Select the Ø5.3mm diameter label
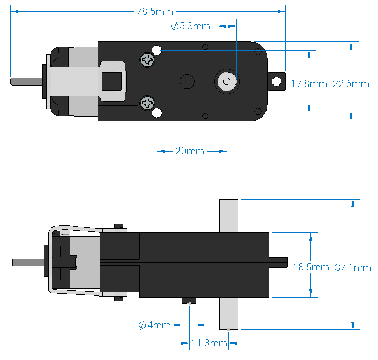click(191, 26)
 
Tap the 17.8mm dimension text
click(309, 83)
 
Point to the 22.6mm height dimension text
click(351, 83)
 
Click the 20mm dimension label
click(190, 151)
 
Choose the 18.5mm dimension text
click(311, 267)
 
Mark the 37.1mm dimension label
click(353, 267)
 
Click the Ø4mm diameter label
click(154, 325)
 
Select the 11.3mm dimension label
click(209, 343)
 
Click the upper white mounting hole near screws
click(157, 50)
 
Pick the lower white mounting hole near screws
click(157, 113)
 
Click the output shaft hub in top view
click(226, 81)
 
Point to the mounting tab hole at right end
click(277, 81)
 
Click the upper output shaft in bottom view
click(228, 215)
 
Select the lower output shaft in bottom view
click(228, 314)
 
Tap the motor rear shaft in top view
click(25, 81)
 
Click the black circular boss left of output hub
click(186, 81)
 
